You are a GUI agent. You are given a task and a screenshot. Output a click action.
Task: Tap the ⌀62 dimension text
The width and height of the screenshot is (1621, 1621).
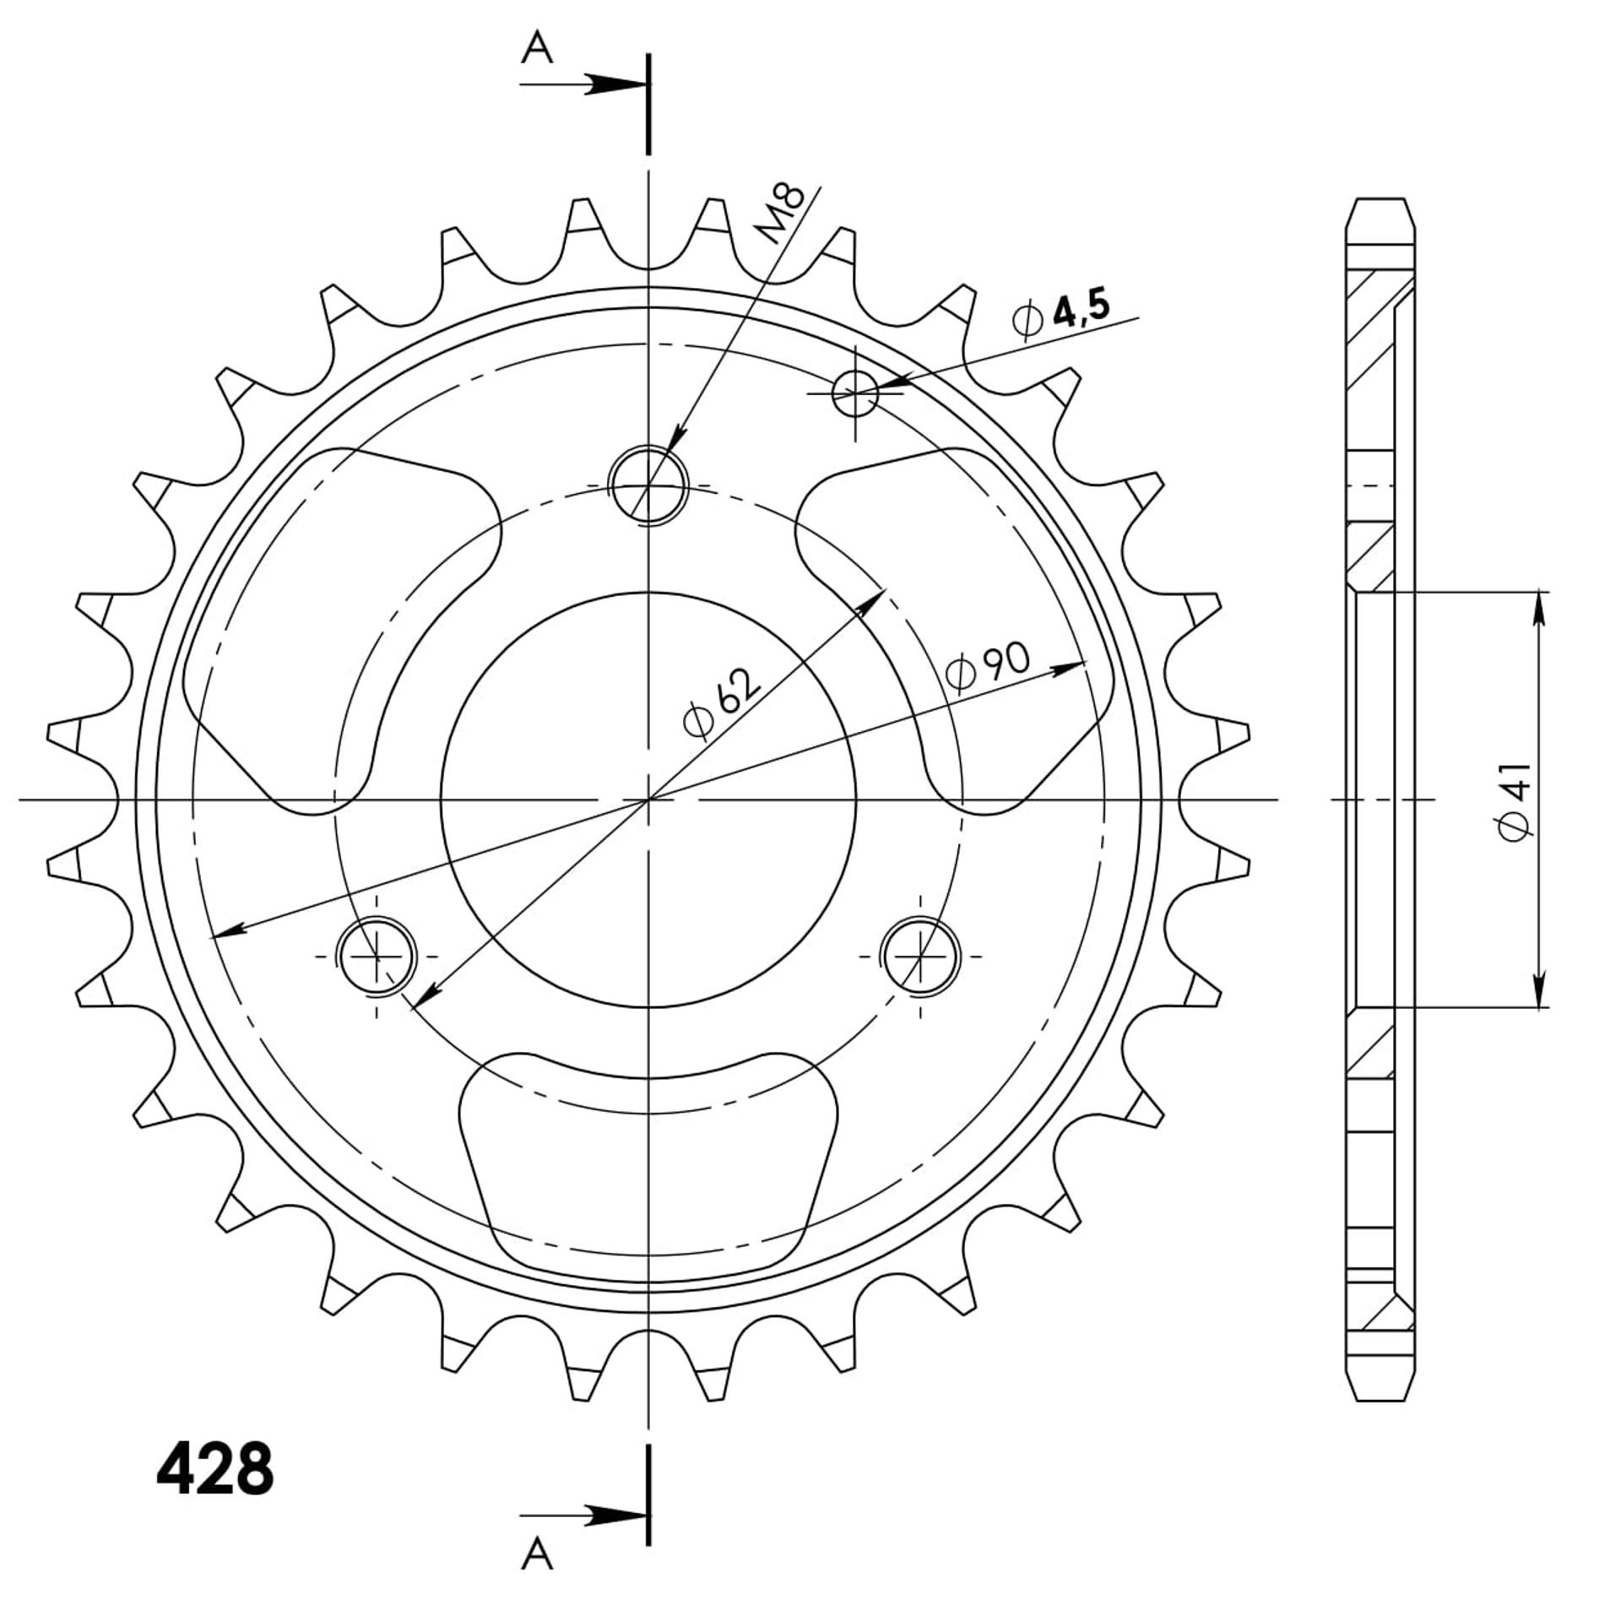[722, 703]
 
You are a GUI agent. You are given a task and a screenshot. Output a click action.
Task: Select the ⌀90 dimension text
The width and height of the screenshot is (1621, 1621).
[988, 666]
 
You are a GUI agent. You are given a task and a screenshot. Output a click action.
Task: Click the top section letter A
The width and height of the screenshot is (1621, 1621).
[537, 47]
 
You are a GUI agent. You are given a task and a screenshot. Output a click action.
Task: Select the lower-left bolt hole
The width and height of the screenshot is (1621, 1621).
[377, 957]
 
